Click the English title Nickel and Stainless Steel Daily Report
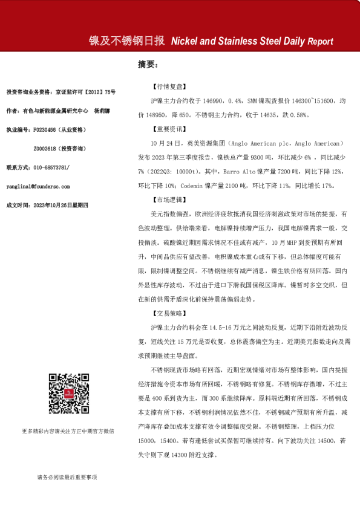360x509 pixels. click(x=252, y=42)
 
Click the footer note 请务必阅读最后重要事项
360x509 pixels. click(x=67, y=477)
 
